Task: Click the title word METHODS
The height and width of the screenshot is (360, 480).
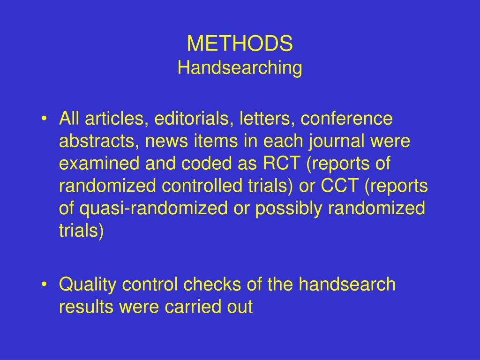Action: click(240, 44)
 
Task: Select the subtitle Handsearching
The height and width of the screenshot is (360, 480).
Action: click(240, 68)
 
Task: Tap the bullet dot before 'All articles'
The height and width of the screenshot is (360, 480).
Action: click(44, 119)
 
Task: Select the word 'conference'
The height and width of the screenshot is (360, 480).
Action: click(346, 119)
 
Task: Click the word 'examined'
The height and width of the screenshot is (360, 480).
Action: click(100, 164)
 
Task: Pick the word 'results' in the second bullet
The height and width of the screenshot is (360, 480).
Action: click(86, 307)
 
